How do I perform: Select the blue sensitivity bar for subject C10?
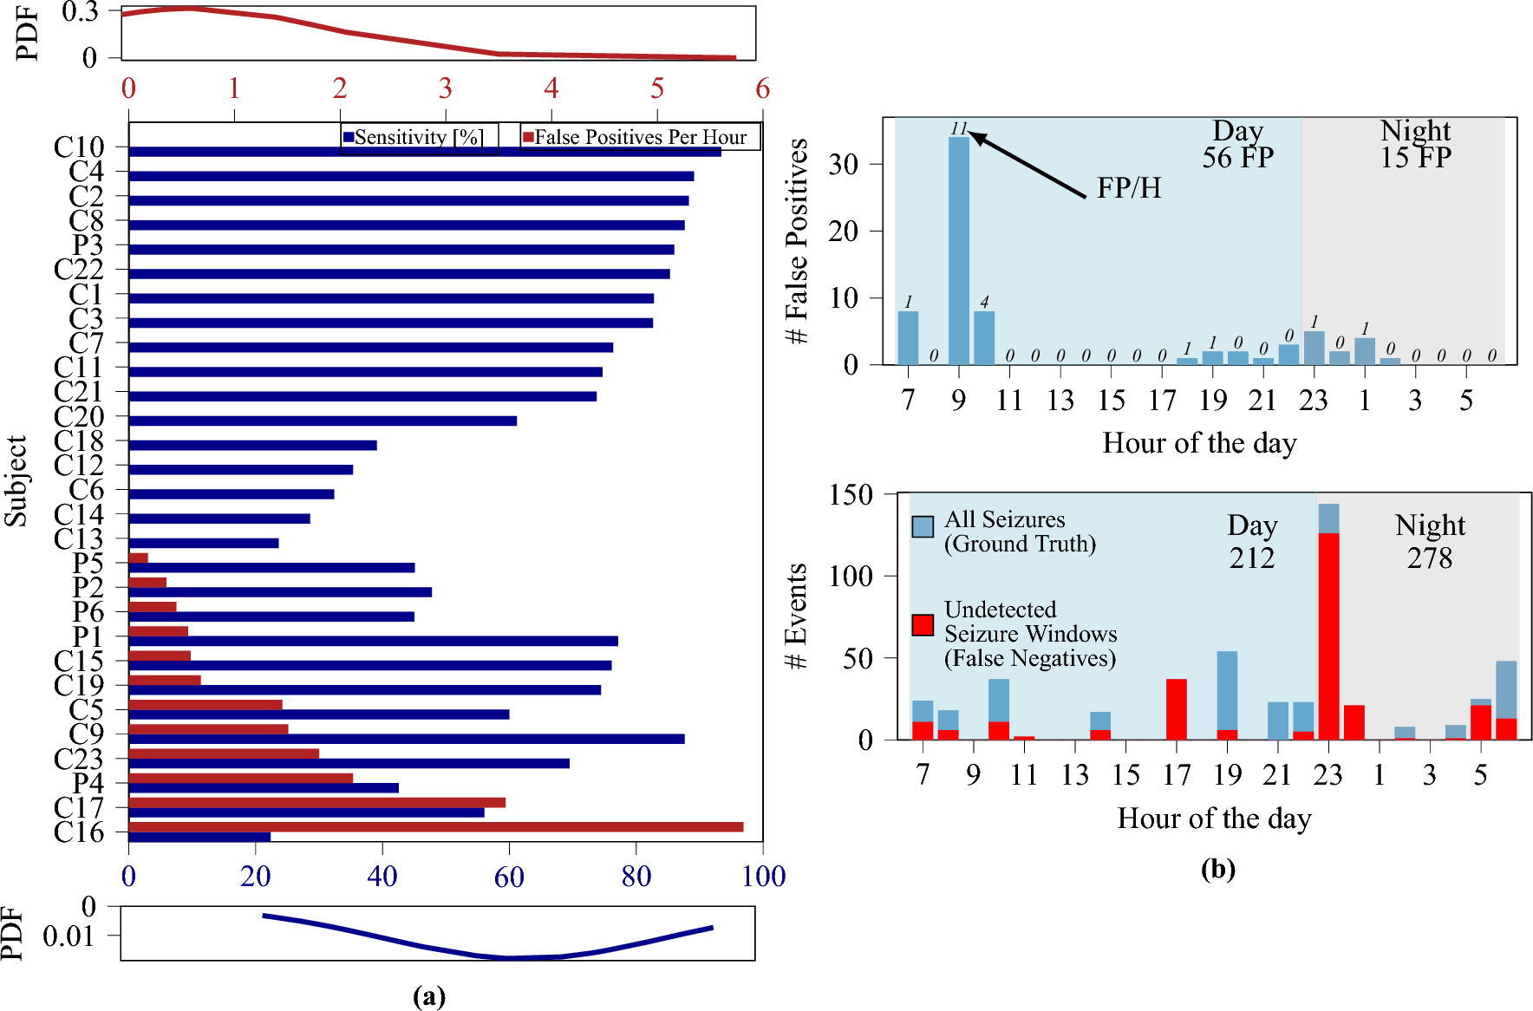(x=425, y=152)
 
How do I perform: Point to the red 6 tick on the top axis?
(x=762, y=88)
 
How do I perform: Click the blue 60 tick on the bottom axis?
(x=509, y=877)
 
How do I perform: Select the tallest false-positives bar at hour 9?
(x=958, y=251)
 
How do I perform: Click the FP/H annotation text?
(x=1128, y=188)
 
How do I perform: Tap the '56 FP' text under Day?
(x=1237, y=158)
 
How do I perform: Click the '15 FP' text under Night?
(x=1415, y=158)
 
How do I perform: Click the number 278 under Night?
(x=1429, y=558)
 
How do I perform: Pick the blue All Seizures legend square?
(x=923, y=526)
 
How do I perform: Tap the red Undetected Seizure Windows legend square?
(x=923, y=625)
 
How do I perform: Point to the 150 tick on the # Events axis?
(x=851, y=495)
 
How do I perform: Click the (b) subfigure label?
(x=1217, y=869)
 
